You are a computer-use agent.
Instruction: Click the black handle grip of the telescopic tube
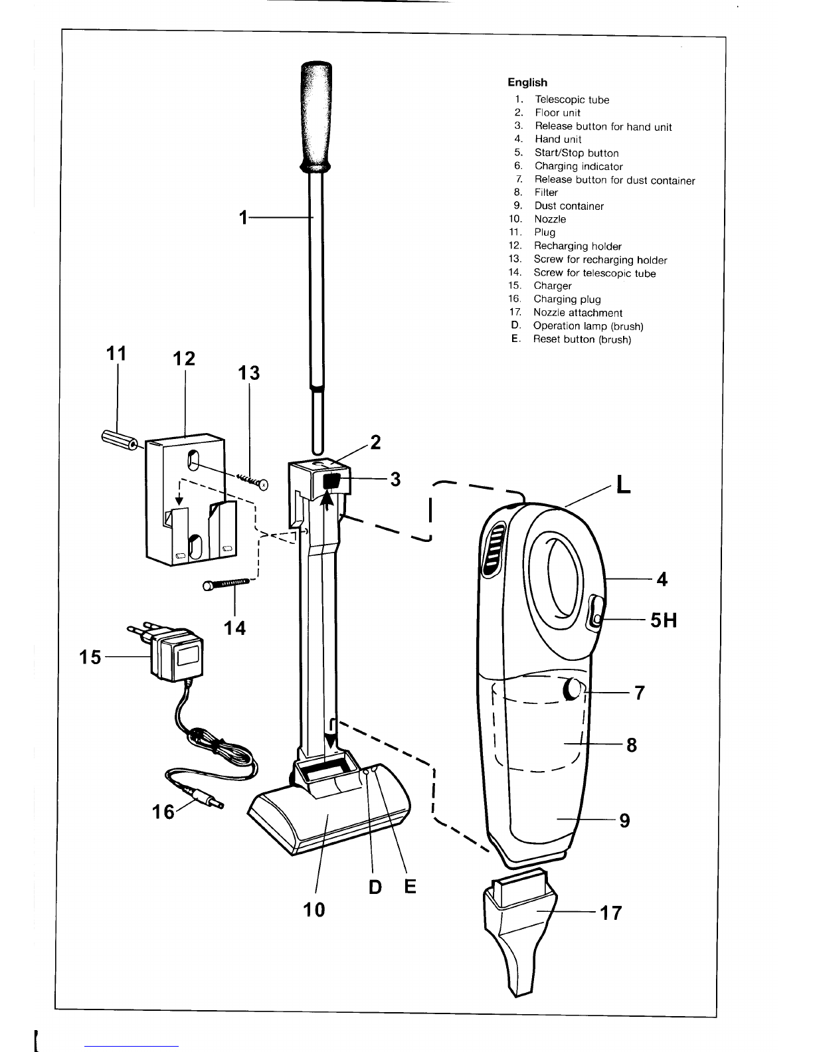click(x=316, y=116)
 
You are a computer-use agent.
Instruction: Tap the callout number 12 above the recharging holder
click(x=184, y=359)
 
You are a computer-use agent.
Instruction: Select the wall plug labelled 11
click(x=120, y=440)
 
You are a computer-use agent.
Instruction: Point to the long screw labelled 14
click(x=226, y=584)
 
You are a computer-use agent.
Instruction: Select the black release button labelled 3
click(x=331, y=482)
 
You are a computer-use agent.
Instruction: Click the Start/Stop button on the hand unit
click(x=596, y=614)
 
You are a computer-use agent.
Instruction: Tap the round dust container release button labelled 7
click(x=573, y=689)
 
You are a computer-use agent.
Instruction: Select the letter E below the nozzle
click(x=410, y=887)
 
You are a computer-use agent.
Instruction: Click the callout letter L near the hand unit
click(x=624, y=483)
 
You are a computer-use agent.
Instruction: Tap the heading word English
click(x=527, y=82)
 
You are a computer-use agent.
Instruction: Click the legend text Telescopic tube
click(x=572, y=100)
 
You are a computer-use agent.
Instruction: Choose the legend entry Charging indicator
click(x=579, y=167)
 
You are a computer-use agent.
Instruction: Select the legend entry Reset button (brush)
click(x=582, y=339)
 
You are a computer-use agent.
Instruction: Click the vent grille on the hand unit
click(x=493, y=551)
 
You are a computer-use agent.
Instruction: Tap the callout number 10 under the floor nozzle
click(x=314, y=910)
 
